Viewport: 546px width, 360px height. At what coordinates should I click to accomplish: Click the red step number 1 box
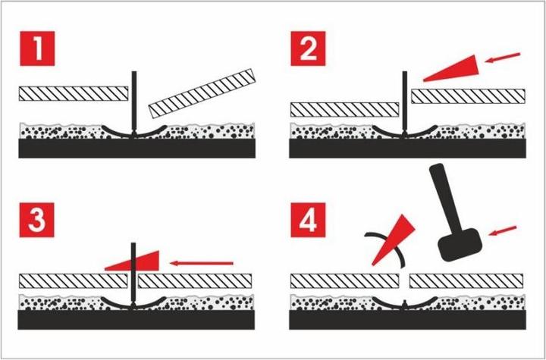click(37, 49)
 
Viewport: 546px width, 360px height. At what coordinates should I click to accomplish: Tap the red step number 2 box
click(308, 49)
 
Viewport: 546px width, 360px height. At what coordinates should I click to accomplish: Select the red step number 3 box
click(37, 220)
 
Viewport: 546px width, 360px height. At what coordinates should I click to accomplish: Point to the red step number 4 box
click(308, 220)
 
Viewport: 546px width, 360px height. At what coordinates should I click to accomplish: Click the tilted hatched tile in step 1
click(202, 93)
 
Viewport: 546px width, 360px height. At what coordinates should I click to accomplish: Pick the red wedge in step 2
click(452, 68)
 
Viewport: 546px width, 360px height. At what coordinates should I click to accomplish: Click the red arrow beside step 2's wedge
click(503, 58)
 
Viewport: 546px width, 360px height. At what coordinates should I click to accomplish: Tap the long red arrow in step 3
click(201, 263)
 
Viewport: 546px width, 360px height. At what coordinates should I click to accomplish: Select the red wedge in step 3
click(132, 261)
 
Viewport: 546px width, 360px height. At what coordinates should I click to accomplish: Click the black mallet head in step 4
click(460, 244)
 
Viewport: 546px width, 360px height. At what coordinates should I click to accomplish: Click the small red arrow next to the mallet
click(503, 230)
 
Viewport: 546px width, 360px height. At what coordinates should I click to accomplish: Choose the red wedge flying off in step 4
click(394, 240)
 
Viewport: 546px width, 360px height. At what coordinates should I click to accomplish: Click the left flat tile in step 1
click(74, 94)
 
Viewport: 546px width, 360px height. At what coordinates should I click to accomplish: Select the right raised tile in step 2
click(469, 96)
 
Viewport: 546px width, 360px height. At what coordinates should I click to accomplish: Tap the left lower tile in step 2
click(345, 110)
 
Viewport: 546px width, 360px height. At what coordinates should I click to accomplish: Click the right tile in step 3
click(195, 281)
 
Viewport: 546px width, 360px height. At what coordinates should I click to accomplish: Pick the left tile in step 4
click(345, 281)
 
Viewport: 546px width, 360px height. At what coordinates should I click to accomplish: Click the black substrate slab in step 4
click(407, 320)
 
